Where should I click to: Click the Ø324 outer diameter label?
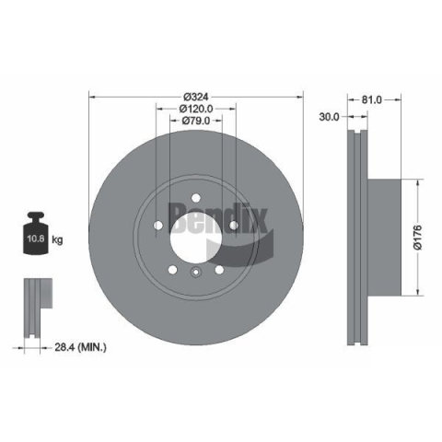click(x=196, y=97)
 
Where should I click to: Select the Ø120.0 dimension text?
click(x=196, y=109)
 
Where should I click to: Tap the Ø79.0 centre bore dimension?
click(x=196, y=121)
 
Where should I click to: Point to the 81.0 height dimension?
click(x=371, y=99)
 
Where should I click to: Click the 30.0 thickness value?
click(x=329, y=117)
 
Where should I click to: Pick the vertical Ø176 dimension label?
click(x=417, y=238)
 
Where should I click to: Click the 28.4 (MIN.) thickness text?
click(x=80, y=347)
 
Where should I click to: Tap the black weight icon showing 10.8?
click(x=36, y=233)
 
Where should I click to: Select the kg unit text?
click(x=57, y=239)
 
